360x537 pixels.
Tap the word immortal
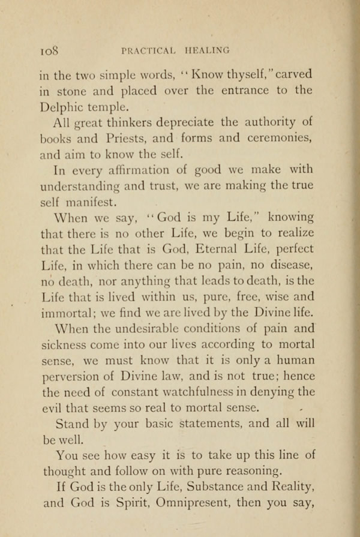tap(64, 313)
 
